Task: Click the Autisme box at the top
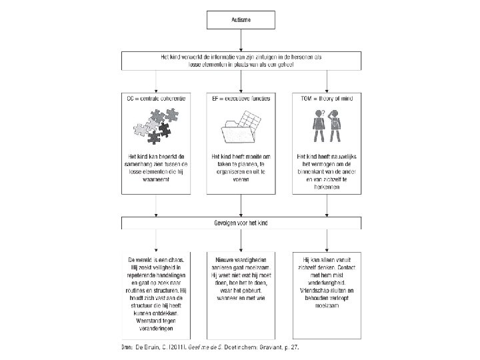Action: (x=240, y=21)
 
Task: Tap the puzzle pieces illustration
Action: (x=156, y=126)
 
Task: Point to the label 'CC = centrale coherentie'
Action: (x=156, y=99)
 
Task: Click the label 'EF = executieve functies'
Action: (x=240, y=99)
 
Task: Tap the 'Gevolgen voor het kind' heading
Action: (x=240, y=224)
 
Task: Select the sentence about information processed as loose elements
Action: (x=240, y=62)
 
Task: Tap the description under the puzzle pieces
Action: (x=156, y=169)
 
